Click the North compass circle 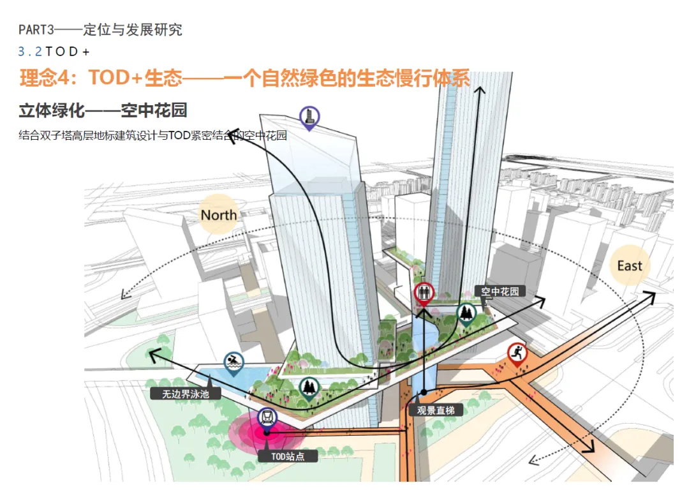click(219, 214)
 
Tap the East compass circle click(630, 265)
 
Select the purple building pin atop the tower click(309, 117)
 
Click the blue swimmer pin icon click(234, 362)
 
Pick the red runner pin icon click(517, 353)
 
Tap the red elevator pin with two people click(423, 293)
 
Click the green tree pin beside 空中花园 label click(466, 313)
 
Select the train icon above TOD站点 click(268, 419)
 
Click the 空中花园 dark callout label click(500, 292)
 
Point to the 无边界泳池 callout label click(185, 394)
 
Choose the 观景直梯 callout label click(436, 410)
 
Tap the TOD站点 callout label click(287, 456)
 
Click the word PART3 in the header click(36, 29)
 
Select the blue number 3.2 click(30, 52)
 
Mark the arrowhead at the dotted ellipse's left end click(124, 295)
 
